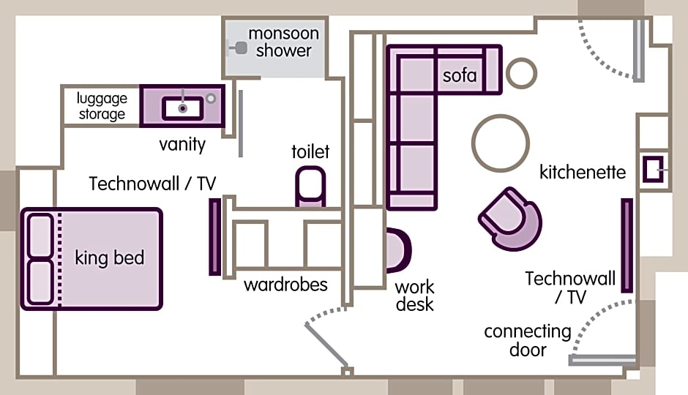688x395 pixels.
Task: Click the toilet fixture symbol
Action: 310,187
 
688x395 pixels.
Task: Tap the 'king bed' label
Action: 110,257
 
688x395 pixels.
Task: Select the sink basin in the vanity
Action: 182,108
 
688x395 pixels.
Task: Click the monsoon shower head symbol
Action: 239,48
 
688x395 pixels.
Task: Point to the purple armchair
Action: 510,219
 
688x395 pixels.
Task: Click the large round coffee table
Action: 501,143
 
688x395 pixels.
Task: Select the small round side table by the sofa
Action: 521,73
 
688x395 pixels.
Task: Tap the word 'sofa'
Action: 460,76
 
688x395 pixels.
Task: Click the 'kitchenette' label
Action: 583,172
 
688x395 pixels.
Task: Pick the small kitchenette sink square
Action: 654,169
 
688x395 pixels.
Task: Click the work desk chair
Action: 398,250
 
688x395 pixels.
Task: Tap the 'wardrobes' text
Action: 285,285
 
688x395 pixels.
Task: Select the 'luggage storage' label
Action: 102,106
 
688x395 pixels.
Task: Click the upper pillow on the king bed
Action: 40,236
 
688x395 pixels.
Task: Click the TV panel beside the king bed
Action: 215,237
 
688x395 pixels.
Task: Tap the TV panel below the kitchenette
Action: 627,246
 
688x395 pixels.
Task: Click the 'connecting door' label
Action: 528,341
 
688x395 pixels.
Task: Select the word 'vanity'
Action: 182,144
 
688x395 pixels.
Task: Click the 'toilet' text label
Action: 310,151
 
